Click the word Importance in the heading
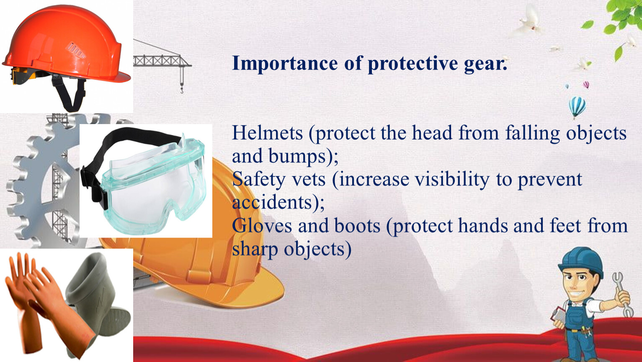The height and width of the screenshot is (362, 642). click(285, 64)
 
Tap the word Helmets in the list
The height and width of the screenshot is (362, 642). click(268, 133)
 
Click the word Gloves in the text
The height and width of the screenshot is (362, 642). click(262, 225)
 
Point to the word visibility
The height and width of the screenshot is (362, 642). click(452, 180)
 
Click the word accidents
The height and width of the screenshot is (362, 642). click(272, 202)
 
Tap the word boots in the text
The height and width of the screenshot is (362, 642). click(357, 225)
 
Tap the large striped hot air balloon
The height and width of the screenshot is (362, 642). click(577, 107)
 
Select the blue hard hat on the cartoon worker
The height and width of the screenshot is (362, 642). click(582, 261)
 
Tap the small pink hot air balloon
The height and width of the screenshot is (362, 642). click(586, 85)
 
